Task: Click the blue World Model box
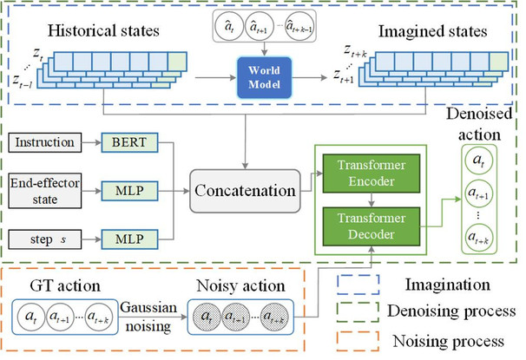point(265,78)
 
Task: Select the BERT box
point(129,142)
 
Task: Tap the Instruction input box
point(44,142)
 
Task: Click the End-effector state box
point(44,191)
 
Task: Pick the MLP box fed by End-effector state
point(129,191)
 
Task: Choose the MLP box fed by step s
point(129,239)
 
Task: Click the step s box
point(44,239)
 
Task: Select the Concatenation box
point(245,191)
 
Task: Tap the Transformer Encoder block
point(371,173)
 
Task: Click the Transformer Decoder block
point(371,226)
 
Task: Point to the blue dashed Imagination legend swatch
point(358,285)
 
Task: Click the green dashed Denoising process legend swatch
point(358,311)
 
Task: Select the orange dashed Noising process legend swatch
point(358,341)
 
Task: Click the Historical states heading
point(103,30)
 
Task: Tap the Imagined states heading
point(433,31)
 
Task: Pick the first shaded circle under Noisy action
point(207,317)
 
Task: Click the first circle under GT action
point(31,317)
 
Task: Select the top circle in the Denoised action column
point(479,160)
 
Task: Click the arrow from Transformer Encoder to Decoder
point(371,200)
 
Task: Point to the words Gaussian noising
point(148,317)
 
